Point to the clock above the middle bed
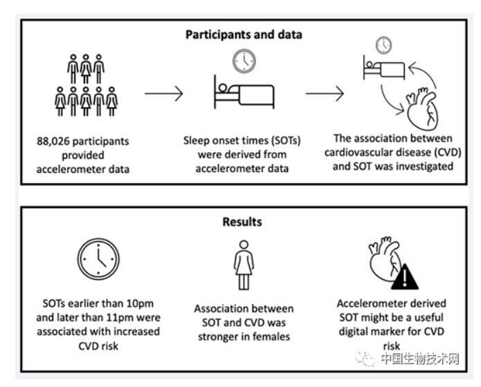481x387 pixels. coord(243,62)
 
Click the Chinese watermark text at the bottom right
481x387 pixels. coord(420,359)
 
